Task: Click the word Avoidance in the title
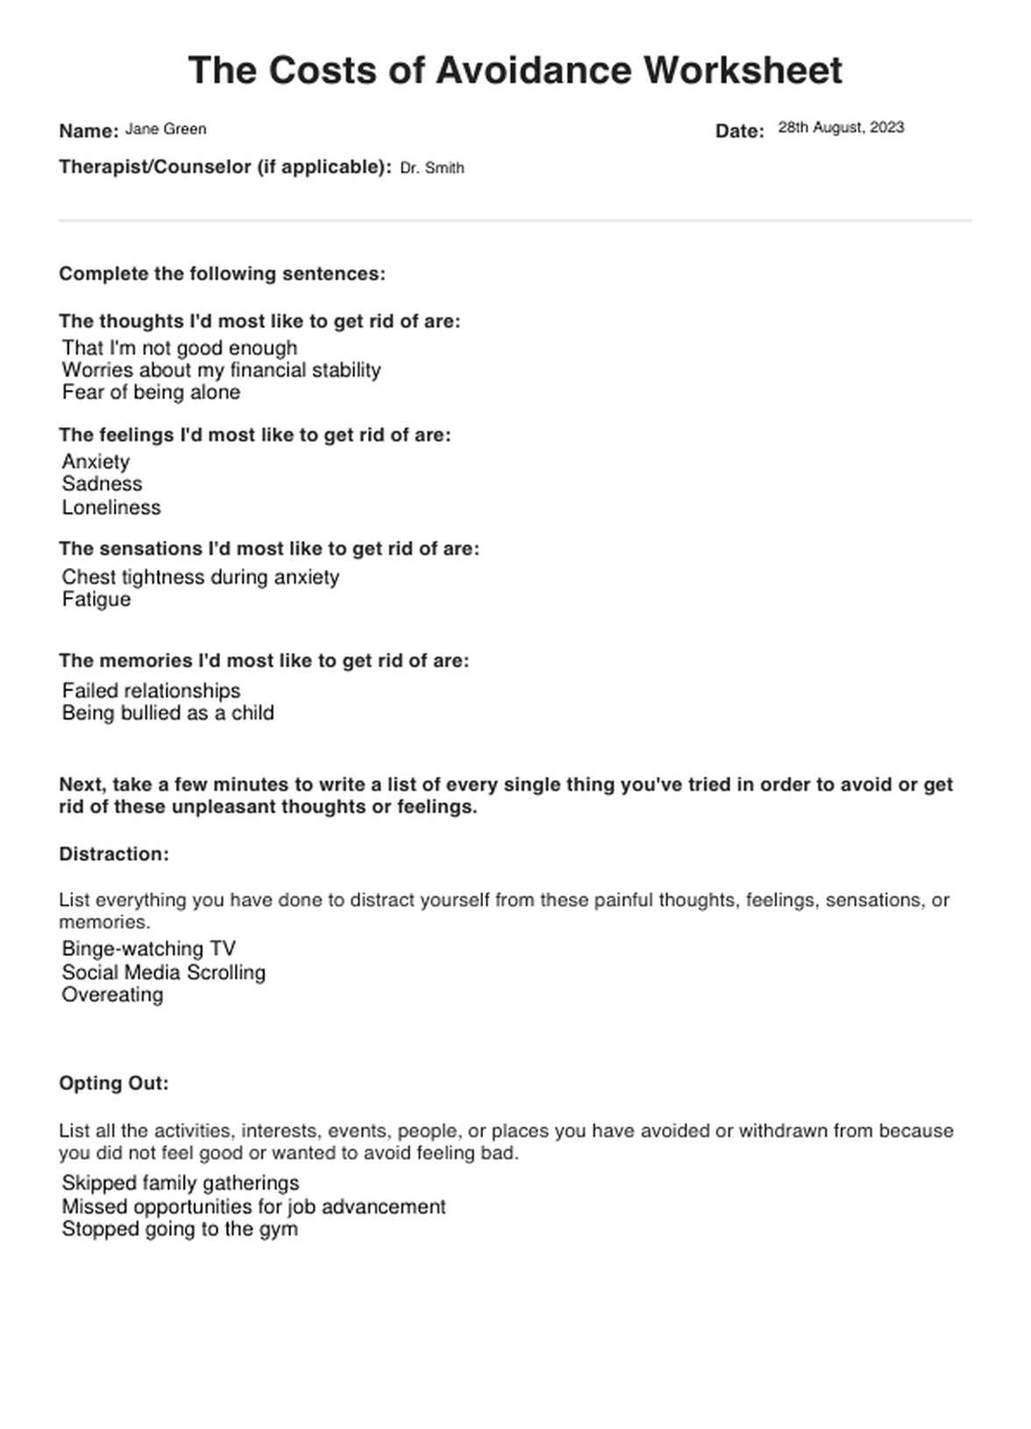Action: [x=533, y=70]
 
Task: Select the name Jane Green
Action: [x=166, y=129]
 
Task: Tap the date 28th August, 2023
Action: [x=841, y=127]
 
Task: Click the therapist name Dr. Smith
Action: [x=431, y=167]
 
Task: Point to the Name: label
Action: [x=89, y=132]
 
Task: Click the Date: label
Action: [x=740, y=132]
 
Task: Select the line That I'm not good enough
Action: [x=180, y=348]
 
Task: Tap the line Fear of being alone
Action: [x=151, y=392]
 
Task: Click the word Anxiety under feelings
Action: [x=96, y=461]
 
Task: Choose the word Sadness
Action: [x=102, y=484]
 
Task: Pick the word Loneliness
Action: [x=111, y=508]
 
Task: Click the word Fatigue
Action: [x=96, y=600]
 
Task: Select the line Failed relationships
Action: [x=151, y=691]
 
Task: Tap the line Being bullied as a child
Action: [x=167, y=713]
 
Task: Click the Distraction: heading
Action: [x=114, y=854]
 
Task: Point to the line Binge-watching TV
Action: [x=148, y=949]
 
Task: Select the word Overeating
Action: [x=112, y=995]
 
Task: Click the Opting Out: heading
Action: [x=114, y=1084]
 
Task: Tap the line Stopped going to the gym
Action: [x=180, y=1229]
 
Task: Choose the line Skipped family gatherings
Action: [x=181, y=1184]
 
